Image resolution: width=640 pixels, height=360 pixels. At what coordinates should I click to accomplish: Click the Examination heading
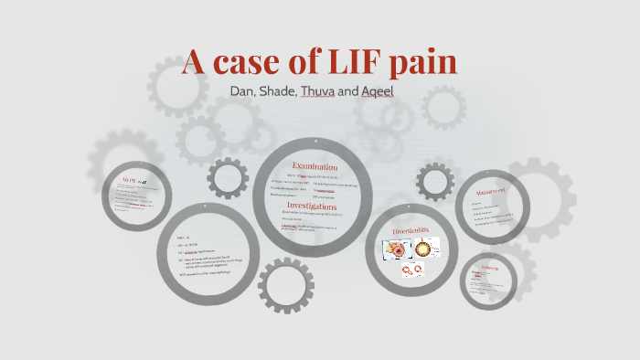pos(315,167)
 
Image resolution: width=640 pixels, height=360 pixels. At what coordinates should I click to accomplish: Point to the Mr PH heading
pos(133,183)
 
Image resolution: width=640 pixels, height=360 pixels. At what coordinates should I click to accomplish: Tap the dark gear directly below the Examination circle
pos(286,285)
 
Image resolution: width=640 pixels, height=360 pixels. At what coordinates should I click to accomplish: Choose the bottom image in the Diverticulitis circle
pos(413,270)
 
